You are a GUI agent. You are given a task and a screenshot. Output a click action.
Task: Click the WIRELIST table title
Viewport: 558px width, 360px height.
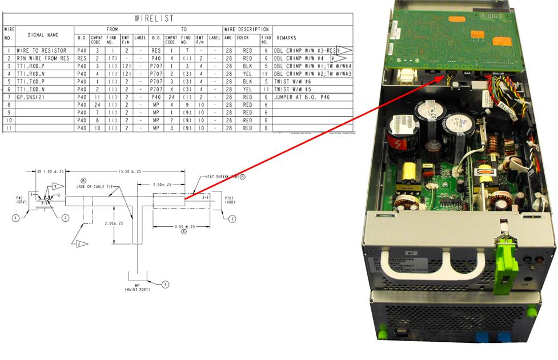(x=154, y=18)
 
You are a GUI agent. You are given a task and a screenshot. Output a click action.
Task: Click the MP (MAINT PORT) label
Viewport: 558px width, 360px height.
(x=137, y=287)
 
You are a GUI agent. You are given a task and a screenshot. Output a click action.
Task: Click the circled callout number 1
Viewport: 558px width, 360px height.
(x=17, y=217)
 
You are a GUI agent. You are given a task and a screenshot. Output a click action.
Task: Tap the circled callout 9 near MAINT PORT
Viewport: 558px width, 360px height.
(x=164, y=283)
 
